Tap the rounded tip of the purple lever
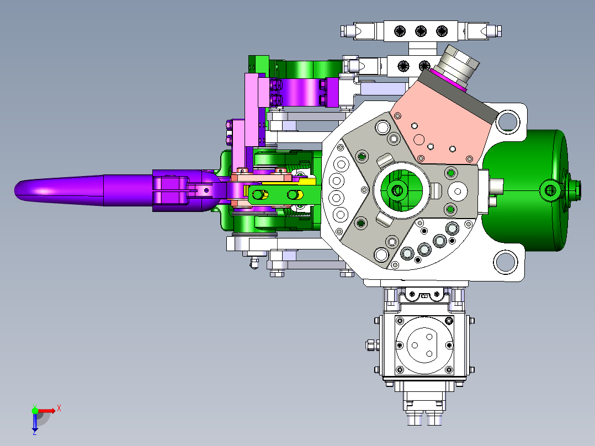pos(18,190)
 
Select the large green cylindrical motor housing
pos(528,190)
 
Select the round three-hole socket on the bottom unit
pos(424,345)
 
